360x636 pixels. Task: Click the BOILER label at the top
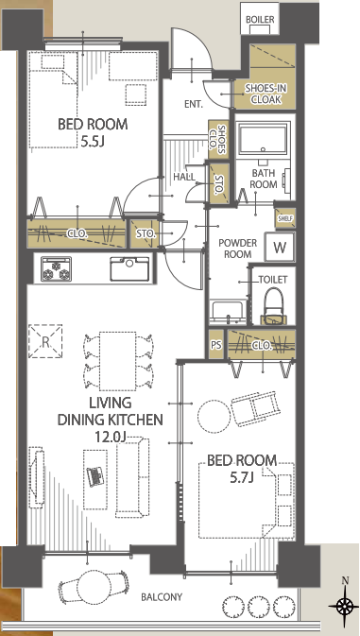260,20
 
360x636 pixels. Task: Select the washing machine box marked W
280,247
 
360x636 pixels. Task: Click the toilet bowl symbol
273,306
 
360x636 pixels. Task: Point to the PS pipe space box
216,344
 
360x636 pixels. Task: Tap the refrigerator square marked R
45,341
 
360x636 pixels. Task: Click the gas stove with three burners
57,269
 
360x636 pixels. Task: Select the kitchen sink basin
129,268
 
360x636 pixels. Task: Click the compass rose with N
345,606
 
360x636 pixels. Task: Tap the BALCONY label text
162,597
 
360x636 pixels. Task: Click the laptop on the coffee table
95,475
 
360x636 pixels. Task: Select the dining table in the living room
117,361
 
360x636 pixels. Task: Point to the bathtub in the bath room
264,138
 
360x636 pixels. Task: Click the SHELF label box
285,218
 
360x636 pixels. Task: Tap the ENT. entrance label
194,104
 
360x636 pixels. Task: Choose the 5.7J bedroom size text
242,478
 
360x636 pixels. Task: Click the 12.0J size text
111,437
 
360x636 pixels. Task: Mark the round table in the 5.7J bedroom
214,417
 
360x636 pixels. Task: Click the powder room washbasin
228,312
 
